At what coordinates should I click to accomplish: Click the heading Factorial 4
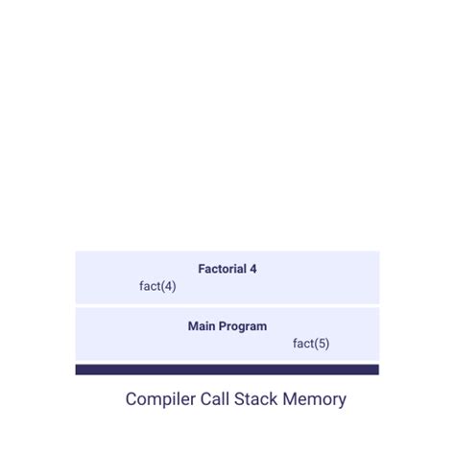point(227,269)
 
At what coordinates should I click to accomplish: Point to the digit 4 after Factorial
point(253,269)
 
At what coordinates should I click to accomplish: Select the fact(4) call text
point(157,286)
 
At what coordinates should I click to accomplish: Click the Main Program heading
point(227,326)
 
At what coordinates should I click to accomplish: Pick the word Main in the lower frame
point(202,326)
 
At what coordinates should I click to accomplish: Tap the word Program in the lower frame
point(243,326)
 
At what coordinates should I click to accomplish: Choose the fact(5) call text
point(311,344)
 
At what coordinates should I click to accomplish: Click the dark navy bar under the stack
point(227,370)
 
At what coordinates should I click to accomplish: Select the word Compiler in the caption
point(159,399)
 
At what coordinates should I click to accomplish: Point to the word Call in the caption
point(214,399)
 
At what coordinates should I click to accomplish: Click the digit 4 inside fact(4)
point(168,286)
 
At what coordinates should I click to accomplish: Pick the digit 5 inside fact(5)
point(322,344)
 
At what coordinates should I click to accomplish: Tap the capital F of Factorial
point(202,269)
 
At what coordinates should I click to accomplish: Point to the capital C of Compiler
point(132,399)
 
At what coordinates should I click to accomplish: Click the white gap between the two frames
point(227,305)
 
